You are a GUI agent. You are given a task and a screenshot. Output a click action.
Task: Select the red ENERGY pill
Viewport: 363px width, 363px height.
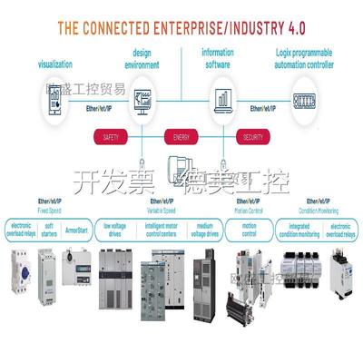pos(181,138)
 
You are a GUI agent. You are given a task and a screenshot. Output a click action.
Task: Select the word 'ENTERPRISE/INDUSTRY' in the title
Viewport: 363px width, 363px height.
pos(224,26)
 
